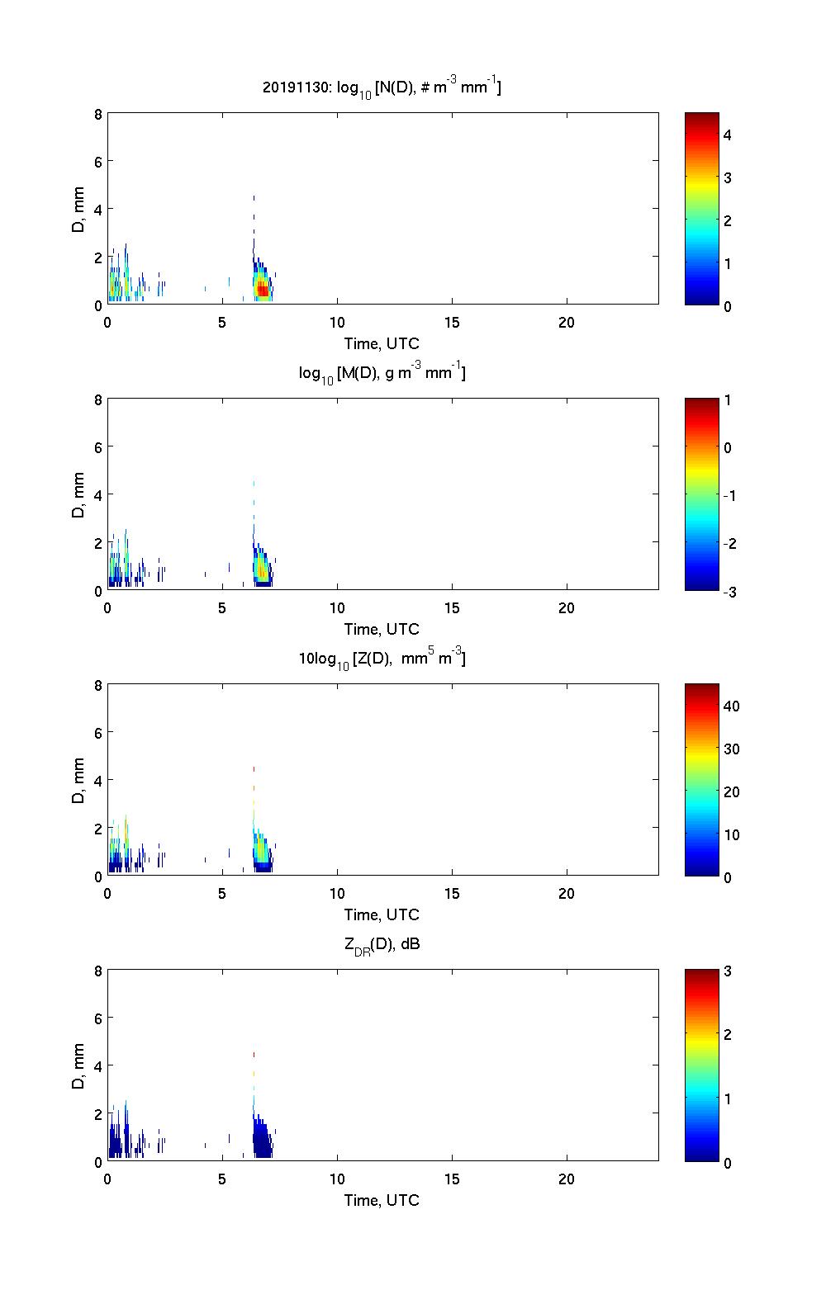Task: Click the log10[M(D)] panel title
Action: pyautogui.click(x=382, y=373)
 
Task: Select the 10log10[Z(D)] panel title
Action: pyautogui.click(x=382, y=659)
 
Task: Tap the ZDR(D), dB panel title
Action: pyautogui.click(x=382, y=944)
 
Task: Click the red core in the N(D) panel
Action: pyautogui.click(x=263, y=290)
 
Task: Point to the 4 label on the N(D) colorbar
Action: pyautogui.click(x=728, y=135)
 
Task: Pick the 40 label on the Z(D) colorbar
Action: pyautogui.click(x=731, y=706)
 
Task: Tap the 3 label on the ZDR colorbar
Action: pyautogui.click(x=728, y=971)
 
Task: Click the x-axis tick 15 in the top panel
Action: pyautogui.click(x=452, y=323)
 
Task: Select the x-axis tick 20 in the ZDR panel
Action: pyautogui.click(x=567, y=1179)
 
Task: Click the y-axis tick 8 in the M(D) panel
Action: pyautogui.click(x=98, y=400)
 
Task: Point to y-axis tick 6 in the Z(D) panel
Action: pyautogui.click(x=98, y=733)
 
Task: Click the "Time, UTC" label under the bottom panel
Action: pyautogui.click(x=382, y=1200)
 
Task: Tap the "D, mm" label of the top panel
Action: pyautogui.click(x=79, y=210)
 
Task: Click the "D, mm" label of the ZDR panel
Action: pyautogui.click(x=79, y=1066)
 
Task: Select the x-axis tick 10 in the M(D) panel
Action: pyautogui.click(x=337, y=608)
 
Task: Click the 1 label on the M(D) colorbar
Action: pyautogui.click(x=728, y=400)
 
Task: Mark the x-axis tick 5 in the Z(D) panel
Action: pyautogui.click(x=222, y=894)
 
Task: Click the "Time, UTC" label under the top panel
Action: pyautogui.click(x=382, y=343)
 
